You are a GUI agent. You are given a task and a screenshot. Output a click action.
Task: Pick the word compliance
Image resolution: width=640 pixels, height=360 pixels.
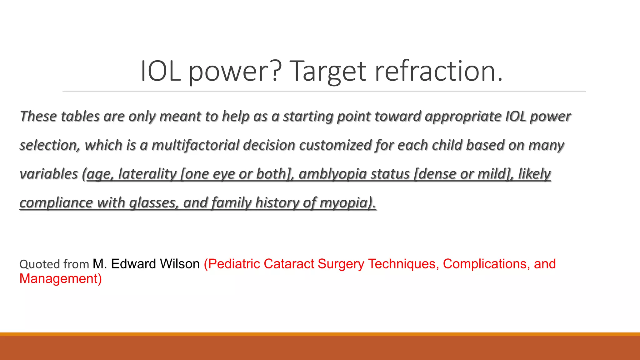coord(56,203)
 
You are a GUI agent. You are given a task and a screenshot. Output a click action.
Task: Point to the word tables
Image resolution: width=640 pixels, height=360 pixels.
coord(80,117)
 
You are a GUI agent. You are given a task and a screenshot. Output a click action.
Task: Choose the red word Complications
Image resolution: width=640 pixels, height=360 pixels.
coord(486,264)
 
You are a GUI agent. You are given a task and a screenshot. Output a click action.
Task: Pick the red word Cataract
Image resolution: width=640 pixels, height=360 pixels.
coord(289,264)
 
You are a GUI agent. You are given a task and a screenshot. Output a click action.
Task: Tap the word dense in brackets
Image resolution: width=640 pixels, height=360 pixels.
coord(436,174)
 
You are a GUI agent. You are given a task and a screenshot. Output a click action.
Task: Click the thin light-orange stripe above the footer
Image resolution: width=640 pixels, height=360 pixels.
coord(320,334)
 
